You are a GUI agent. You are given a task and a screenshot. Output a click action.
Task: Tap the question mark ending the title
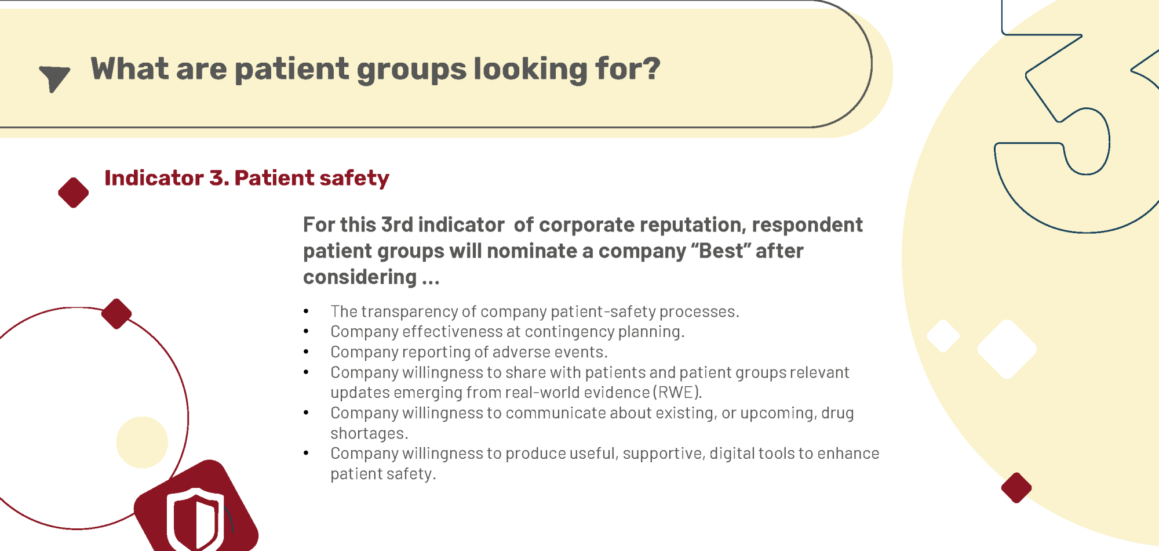pos(652,68)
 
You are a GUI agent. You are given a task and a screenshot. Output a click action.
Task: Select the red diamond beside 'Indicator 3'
pos(74,193)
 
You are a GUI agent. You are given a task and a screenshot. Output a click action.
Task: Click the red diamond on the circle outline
pos(116,314)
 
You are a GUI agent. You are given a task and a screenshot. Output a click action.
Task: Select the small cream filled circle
pos(142,442)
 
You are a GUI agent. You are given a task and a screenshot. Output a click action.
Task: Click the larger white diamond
pos(1007,349)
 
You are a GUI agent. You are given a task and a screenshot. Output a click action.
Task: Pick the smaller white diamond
pos(943,336)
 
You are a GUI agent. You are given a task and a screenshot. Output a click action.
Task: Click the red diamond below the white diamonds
pos(1016,488)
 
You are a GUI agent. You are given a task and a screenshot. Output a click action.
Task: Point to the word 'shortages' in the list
pos(367,434)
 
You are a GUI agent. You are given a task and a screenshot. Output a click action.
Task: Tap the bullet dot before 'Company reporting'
pos(306,352)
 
